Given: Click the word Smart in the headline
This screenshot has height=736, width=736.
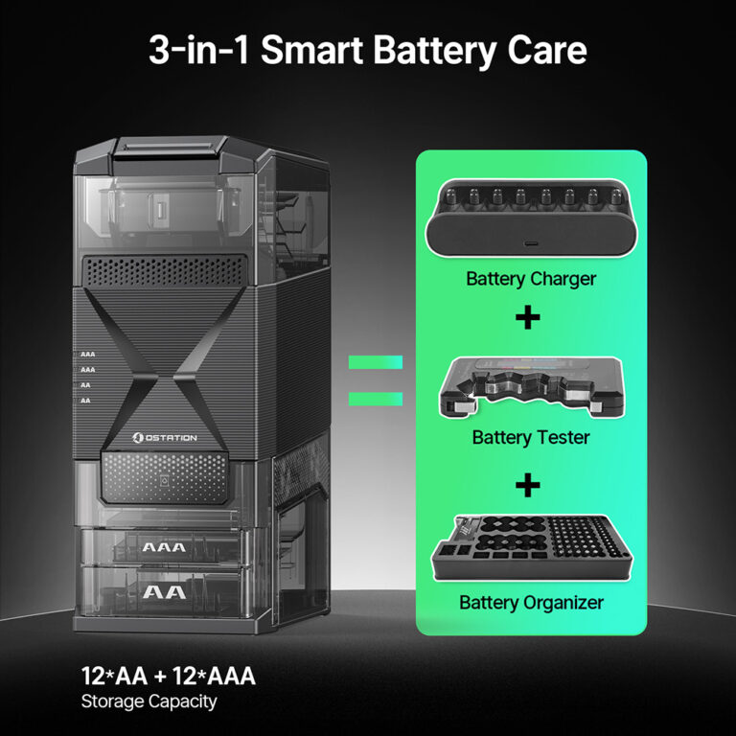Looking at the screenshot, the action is click(x=312, y=50).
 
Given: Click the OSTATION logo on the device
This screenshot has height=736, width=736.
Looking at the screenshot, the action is click(x=164, y=437).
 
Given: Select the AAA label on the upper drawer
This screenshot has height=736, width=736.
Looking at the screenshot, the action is click(x=164, y=547).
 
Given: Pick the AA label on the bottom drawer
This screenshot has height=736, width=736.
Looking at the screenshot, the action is click(x=164, y=592).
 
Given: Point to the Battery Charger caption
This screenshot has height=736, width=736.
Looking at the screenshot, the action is click(x=531, y=279).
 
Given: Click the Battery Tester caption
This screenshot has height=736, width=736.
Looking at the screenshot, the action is click(x=531, y=437).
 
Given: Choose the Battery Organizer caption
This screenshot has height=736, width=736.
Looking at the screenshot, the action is click(x=531, y=603).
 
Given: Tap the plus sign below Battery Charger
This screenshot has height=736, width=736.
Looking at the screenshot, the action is click(x=528, y=318).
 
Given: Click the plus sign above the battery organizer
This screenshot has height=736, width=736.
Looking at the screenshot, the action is click(x=528, y=485).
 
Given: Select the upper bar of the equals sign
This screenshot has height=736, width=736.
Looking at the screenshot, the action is click(x=376, y=362).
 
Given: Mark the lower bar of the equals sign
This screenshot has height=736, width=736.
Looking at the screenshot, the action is click(x=376, y=399).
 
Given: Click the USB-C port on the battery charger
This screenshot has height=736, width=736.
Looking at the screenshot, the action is click(x=531, y=244).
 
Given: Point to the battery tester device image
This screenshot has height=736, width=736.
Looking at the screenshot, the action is click(x=531, y=387).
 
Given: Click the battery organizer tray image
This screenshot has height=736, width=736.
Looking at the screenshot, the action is click(x=531, y=548).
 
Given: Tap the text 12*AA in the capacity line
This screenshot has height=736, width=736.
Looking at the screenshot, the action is click(x=115, y=676).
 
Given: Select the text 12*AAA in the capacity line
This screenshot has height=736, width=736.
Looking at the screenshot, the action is click(x=214, y=676).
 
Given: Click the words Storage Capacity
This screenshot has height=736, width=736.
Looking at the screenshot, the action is click(x=149, y=701).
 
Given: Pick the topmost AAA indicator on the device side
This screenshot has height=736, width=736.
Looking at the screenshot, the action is click(x=87, y=355).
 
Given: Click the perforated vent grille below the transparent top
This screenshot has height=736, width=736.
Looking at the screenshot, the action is click(x=164, y=271).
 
